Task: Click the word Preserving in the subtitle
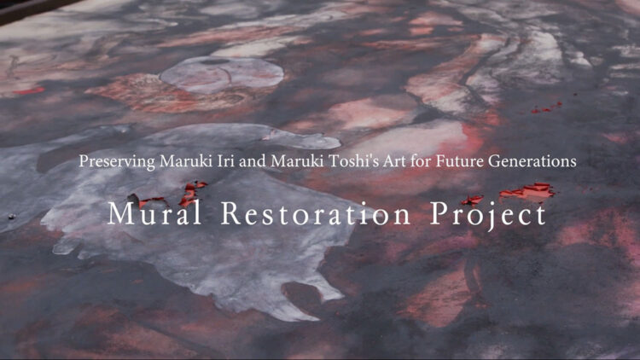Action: (x=114, y=161)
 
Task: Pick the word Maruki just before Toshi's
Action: (x=283, y=161)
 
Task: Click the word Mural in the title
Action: (x=155, y=214)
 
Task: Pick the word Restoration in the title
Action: (x=317, y=214)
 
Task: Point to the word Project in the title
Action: (x=488, y=215)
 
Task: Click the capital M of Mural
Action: (x=119, y=214)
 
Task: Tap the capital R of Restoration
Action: (x=230, y=214)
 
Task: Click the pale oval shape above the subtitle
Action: (x=221, y=73)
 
